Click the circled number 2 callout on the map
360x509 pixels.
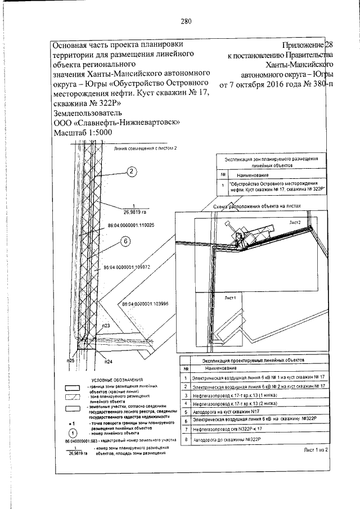click(x=132, y=172)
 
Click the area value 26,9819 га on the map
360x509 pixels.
click(x=134, y=213)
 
